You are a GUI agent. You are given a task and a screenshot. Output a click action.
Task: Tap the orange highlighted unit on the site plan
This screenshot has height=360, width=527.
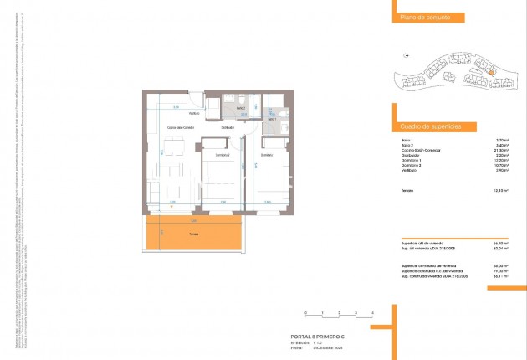(491, 74)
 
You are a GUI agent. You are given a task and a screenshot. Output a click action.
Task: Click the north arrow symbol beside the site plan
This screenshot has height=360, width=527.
(407, 56)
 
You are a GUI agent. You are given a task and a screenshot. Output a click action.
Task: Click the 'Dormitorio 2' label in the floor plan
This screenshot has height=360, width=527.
(222, 156)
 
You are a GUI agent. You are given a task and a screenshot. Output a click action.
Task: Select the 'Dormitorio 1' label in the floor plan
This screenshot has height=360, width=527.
(268, 156)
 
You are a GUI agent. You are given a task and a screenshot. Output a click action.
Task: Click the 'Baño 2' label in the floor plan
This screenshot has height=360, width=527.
(240, 109)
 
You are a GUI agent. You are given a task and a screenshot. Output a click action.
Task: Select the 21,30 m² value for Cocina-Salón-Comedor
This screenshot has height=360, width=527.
(502, 150)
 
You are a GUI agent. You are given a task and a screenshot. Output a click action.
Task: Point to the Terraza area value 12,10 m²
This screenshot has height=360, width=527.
(502, 190)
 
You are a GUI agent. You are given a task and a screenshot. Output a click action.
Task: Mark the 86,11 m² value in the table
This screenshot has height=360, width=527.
(502, 275)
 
